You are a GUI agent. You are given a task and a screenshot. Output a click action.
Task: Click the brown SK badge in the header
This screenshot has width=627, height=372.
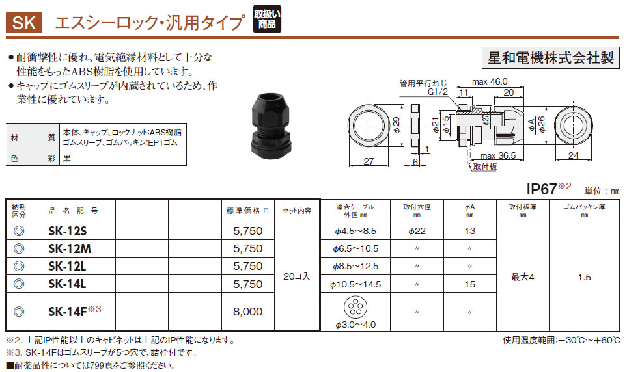click(x=23, y=22)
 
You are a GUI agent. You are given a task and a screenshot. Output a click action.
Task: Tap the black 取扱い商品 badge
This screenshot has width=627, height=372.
click(x=267, y=19)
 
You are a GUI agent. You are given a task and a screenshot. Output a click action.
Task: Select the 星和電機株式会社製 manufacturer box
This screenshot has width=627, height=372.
click(x=551, y=58)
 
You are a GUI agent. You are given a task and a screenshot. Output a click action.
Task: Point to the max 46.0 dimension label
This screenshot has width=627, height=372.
click(x=490, y=81)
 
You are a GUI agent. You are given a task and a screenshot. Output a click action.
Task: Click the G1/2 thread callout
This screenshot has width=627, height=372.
click(x=438, y=92)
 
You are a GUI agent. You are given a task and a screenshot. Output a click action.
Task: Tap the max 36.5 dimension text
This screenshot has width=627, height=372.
click(x=498, y=155)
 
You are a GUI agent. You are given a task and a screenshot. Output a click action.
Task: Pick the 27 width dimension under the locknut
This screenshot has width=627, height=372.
click(x=369, y=161)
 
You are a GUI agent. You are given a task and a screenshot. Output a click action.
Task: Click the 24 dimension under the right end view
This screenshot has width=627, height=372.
click(x=574, y=155)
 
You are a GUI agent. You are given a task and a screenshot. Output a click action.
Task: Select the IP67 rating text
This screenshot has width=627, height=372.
click(x=542, y=189)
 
